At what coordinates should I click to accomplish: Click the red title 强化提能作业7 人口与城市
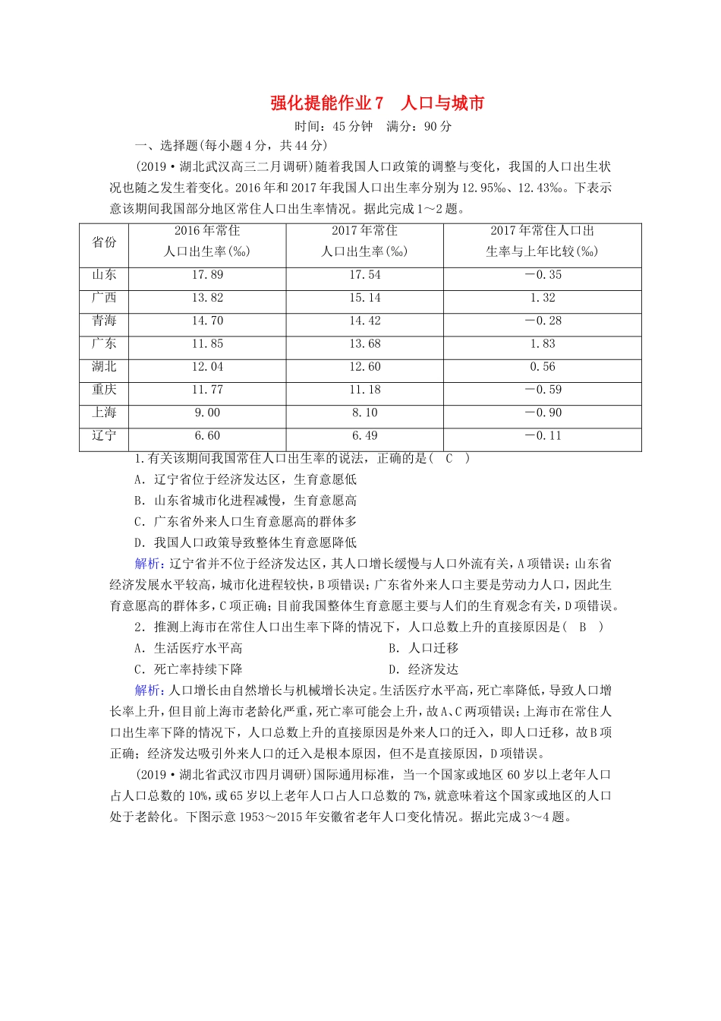pos(376,103)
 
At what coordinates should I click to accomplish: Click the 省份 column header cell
pos(104,242)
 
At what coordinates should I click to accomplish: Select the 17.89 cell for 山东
pos(207,275)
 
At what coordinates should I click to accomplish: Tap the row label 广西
pos(104,298)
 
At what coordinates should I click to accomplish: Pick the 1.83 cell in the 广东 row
pos(543,343)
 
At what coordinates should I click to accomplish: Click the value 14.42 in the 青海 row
pos(365,321)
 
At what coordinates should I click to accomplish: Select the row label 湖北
pos(104,366)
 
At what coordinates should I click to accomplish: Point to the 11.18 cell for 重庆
pos(365,390)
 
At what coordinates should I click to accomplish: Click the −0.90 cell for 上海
pos(543,413)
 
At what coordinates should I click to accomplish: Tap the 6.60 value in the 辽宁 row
pos(207,435)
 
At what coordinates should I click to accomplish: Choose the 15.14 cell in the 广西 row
pos(365,298)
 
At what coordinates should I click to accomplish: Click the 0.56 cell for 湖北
pos(543,366)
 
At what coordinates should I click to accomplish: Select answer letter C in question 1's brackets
pos(449,458)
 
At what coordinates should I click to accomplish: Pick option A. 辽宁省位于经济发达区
pos(245,479)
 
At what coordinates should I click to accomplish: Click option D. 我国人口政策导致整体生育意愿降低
pos(245,542)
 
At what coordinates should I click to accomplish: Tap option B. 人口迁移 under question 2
pos(423,648)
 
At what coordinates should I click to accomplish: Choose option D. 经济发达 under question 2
pos(423,669)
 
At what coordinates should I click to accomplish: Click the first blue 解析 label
pos(147,564)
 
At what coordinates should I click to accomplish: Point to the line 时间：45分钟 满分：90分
pos(373,126)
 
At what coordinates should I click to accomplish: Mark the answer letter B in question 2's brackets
pos(583,627)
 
